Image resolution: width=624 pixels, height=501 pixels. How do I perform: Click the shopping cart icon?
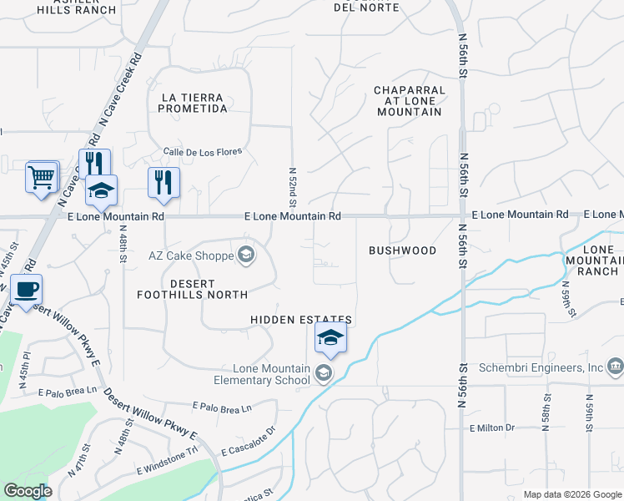click(x=42, y=177)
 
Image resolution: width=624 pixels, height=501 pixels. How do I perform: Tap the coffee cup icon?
click(x=26, y=290)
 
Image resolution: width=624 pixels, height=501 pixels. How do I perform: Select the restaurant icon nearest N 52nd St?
click(x=164, y=183)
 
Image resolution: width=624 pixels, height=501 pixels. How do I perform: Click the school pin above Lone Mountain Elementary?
click(x=330, y=338)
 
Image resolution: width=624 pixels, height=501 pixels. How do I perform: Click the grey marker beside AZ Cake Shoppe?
click(x=246, y=255)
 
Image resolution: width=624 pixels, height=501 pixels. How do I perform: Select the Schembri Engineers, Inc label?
click(x=541, y=367)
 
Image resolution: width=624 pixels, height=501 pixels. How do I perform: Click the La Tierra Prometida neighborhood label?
click(x=193, y=103)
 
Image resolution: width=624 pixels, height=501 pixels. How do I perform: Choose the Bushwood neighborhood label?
click(x=402, y=250)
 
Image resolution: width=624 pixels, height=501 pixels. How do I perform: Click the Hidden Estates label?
click(x=301, y=320)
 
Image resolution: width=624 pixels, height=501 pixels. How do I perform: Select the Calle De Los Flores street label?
click(x=203, y=152)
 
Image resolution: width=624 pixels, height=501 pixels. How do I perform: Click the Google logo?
click(x=28, y=491)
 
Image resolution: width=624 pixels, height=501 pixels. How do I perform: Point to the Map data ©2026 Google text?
click(x=571, y=494)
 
